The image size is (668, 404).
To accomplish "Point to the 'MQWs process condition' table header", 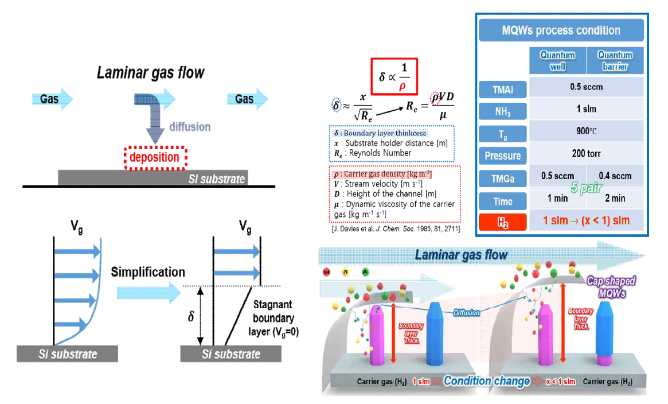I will pos(561,30).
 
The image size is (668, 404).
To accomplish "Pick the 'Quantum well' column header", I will pos(558,60).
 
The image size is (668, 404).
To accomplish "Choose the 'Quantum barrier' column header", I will pos(615,60).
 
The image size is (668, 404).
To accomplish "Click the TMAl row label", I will pos(503,88).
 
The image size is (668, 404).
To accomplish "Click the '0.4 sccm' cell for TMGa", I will pos(614,176).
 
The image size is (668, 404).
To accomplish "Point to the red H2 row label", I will pos(503,221).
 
